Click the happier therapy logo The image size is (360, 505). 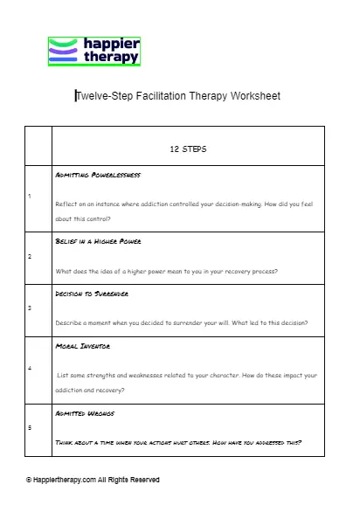tap(93, 51)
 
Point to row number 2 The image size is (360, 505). tap(30, 257)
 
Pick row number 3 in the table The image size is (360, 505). tap(30, 308)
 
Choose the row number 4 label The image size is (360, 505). tap(30, 368)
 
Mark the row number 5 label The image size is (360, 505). tap(30, 427)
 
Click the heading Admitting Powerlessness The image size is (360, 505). tap(97, 175)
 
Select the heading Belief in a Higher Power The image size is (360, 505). tap(99, 240)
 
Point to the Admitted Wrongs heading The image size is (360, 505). tap(84, 412)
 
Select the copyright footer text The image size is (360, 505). tap(93, 480)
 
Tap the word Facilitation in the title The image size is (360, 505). tap(159, 96)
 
